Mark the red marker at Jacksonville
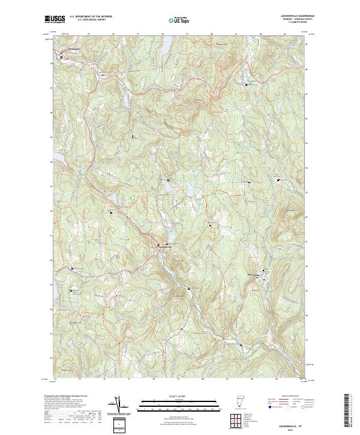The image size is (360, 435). (158, 245)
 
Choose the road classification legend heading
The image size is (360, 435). (289, 397)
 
